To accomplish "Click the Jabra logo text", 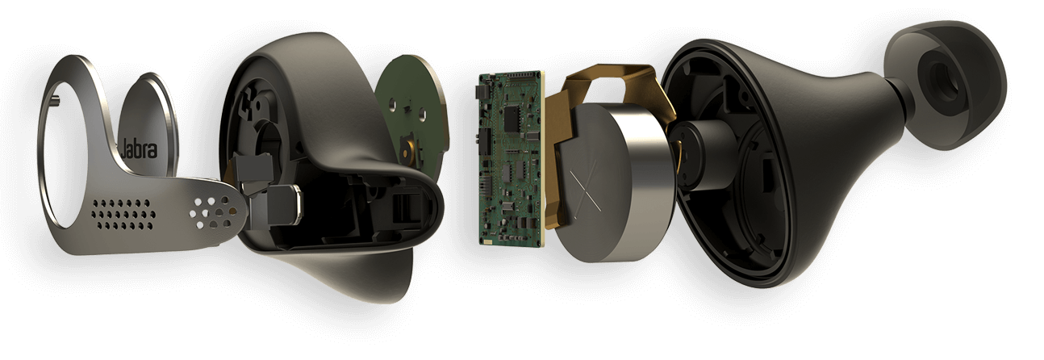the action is [139, 149].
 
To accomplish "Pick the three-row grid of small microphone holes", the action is [123, 215].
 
